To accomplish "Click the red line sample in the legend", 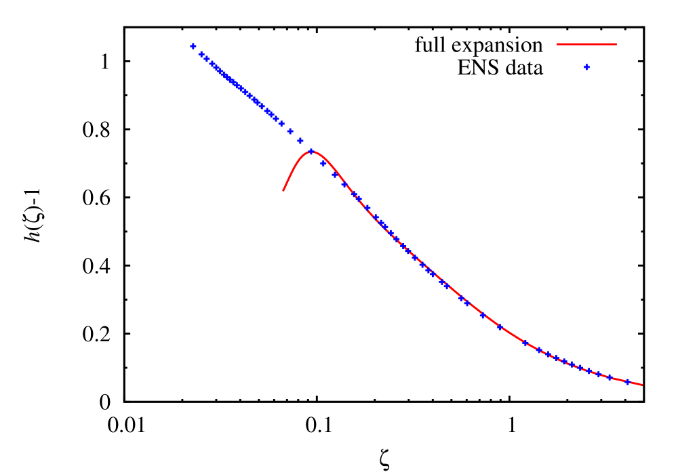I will (586, 45).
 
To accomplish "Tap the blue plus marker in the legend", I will (586, 67).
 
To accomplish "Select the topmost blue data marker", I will (193, 46).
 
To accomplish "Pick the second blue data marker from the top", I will (201, 54).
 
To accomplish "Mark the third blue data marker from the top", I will (207, 59).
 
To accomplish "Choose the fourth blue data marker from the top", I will (212, 64).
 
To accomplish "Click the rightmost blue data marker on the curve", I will (627, 382).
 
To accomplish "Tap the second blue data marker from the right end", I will (609, 377).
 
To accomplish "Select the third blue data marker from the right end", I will (598, 374).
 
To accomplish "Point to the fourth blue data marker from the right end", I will (589, 371).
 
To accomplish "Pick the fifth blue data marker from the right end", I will (580, 368).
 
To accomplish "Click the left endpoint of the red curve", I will (283, 190).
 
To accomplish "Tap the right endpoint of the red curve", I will (642, 385).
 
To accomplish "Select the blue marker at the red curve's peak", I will (312, 152).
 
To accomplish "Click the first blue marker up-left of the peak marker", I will (300, 141).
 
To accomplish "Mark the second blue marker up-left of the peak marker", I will (290, 131).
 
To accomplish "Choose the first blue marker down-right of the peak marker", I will (323, 163).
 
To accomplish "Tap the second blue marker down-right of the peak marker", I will (334, 175).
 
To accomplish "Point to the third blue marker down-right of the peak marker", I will (344, 184).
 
